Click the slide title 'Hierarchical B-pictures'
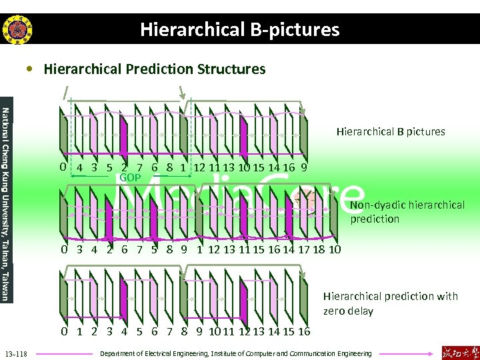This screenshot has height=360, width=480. (239, 29)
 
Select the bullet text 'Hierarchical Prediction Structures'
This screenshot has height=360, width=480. (154, 69)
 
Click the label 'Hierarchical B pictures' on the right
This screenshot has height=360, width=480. (390, 131)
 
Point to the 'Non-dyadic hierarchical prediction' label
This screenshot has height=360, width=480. (407, 212)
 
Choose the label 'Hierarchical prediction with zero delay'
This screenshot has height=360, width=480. (390, 303)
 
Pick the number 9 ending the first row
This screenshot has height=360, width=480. (304, 168)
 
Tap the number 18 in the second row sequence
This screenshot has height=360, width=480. (321, 250)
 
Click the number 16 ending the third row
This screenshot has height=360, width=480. (304, 331)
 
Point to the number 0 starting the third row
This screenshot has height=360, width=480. (63, 331)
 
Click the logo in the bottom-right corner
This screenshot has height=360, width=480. (459, 351)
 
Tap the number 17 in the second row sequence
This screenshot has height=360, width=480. (305, 250)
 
